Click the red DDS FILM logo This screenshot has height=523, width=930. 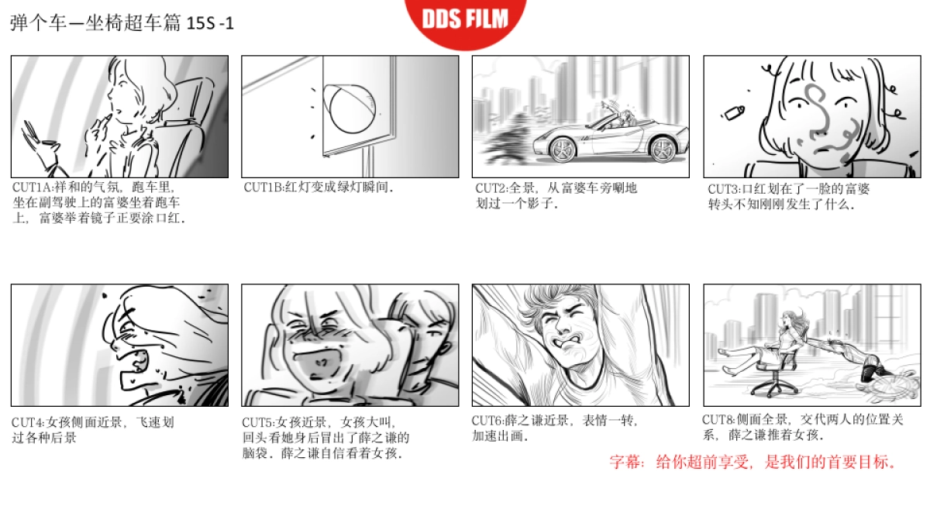(465, 19)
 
